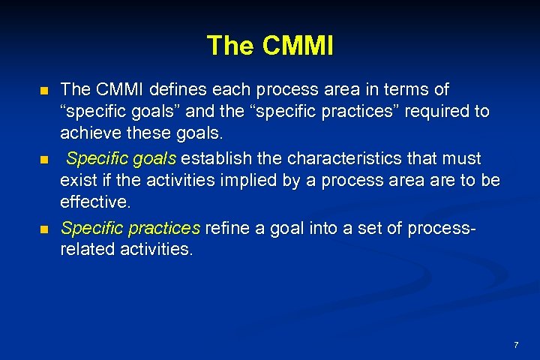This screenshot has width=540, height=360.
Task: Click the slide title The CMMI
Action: tap(270, 46)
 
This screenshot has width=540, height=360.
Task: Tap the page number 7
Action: tap(516, 345)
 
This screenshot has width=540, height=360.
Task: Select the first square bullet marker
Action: tap(44, 91)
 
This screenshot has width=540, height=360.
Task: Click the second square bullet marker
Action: tap(44, 160)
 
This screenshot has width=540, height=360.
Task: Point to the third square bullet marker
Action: tap(44, 228)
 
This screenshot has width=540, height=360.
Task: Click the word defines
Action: tap(179, 90)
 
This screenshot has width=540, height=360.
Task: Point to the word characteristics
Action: tap(334, 158)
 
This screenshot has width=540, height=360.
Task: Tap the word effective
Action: tap(94, 203)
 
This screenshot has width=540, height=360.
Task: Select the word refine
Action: tap(228, 226)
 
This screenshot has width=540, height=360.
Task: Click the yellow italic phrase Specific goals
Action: tap(121, 158)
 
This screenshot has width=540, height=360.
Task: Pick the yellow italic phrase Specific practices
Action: tap(130, 226)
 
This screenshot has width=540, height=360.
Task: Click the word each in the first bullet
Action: tap(232, 90)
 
